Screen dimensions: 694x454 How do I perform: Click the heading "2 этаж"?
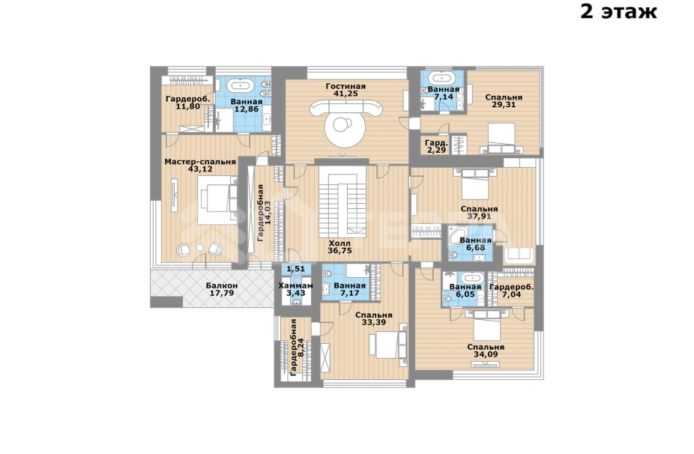point(618,12)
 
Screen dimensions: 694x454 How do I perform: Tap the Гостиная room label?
point(346,86)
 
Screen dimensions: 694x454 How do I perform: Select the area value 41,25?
point(346,94)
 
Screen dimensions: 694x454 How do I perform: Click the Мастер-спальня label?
point(200,162)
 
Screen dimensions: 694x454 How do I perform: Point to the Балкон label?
point(222,285)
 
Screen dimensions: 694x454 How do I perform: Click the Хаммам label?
point(295,285)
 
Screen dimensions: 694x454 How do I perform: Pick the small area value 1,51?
point(295,269)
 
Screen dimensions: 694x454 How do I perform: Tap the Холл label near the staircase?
point(340,243)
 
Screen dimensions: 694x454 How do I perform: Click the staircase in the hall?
point(343,202)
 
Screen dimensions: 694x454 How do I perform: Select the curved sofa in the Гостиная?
point(346,108)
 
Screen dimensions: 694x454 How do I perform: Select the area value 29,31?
point(504,105)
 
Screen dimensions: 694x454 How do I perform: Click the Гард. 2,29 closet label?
point(436,147)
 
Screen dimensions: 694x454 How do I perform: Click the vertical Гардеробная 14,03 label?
point(264,213)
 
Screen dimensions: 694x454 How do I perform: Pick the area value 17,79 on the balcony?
point(222,293)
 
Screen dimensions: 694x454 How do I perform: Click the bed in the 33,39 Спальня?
point(388,345)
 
